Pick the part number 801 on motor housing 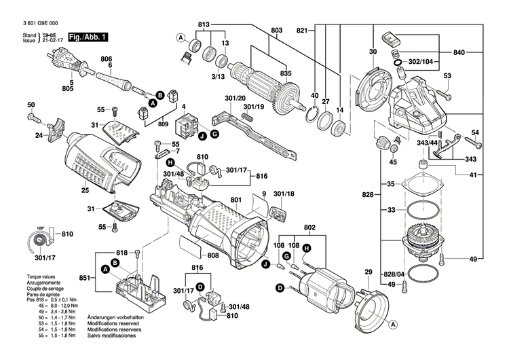[235, 200]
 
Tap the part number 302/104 [422, 61]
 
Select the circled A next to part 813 [181, 37]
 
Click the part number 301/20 [235, 98]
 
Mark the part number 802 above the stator [309, 226]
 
